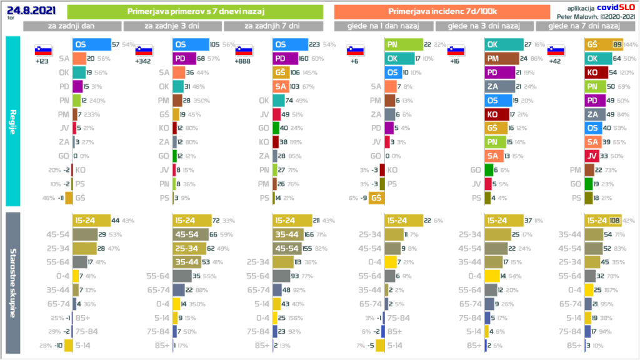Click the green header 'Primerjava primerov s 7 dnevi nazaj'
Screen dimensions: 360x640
click(x=194, y=11)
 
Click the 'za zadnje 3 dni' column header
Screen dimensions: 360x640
click(x=172, y=26)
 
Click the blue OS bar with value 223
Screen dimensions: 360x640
click(x=290, y=45)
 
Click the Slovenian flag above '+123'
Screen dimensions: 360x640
click(x=43, y=51)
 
